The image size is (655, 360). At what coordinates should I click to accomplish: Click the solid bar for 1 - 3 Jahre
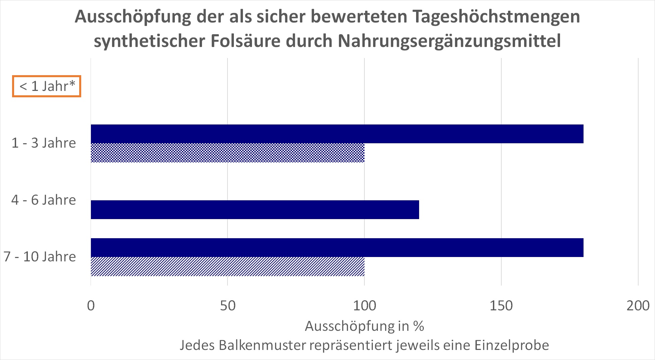pos(337,134)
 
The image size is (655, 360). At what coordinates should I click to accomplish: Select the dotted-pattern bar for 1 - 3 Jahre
pos(228,153)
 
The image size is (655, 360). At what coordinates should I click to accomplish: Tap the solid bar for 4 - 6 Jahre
pos(255,210)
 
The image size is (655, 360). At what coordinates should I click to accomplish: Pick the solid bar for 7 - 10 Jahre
pos(337,248)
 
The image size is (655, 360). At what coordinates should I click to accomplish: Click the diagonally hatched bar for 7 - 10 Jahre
pos(228,267)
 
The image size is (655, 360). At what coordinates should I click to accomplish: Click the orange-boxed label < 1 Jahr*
pos(47,86)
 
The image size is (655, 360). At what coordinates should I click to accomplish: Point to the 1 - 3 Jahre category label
pos(44,143)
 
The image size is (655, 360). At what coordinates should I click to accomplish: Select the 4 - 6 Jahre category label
pos(44,200)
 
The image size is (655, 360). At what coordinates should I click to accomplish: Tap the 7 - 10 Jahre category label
pos(40,257)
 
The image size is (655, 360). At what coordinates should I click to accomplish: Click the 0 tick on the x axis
pos(91,306)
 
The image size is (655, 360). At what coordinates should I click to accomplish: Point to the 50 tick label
pos(228,306)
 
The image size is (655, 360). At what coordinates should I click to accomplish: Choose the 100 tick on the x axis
pos(364,306)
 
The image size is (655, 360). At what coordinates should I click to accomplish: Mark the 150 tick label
pos(501,306)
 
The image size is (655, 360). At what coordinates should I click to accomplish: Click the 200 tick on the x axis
pos(638,306)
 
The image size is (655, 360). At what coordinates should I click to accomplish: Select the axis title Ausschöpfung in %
pos(364,326)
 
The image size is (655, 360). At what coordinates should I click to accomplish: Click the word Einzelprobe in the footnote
pos(512,345)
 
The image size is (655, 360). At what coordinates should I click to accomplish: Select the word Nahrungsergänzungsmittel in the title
pos(449,41)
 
